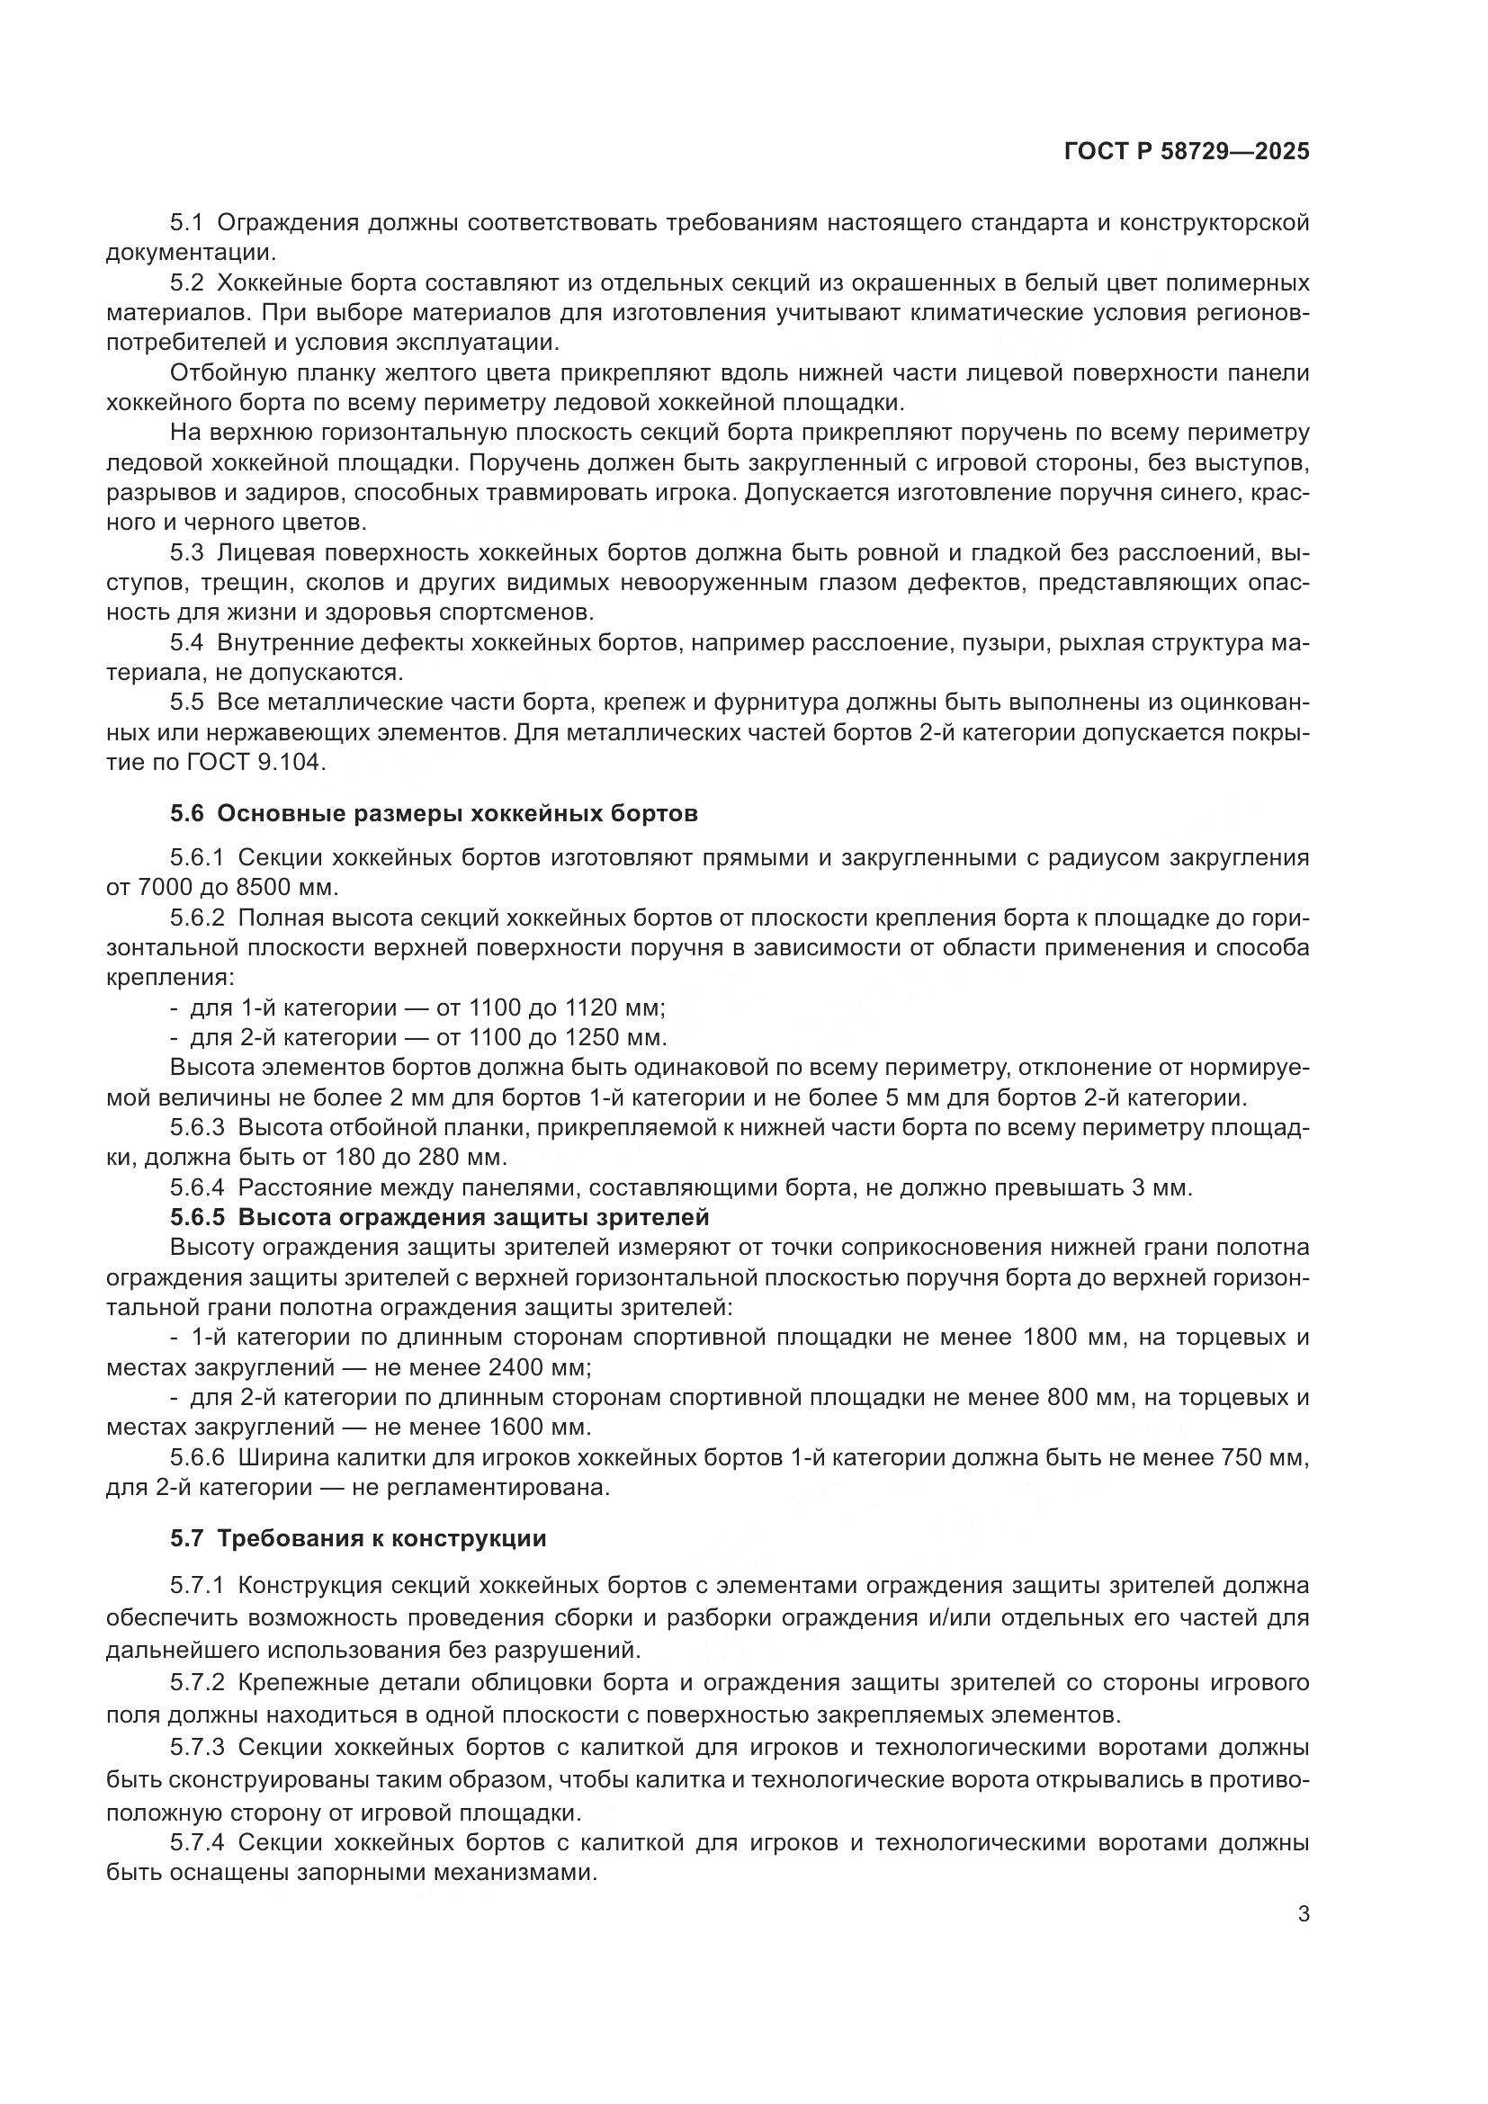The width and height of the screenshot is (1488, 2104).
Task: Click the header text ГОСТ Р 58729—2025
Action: coord(1187,152)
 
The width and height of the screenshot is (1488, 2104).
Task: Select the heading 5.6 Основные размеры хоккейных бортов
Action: coord(434,814)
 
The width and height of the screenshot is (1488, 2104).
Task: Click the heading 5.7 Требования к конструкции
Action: coord(358,1538)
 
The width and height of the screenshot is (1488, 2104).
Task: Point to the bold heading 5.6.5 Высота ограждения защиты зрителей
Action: coord(440,1218)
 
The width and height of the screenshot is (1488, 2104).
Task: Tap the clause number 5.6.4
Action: coord(197,1188)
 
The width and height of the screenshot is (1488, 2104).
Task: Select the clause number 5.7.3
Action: coord(197,1748)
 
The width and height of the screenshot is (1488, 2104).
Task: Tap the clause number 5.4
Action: coord(185,643)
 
